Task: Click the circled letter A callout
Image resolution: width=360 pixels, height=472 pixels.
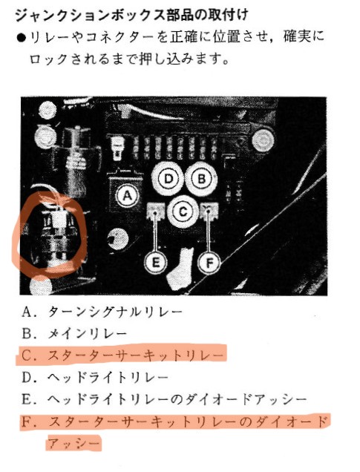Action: click(128, 196)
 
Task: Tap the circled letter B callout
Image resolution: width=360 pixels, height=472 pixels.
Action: click(201, 179)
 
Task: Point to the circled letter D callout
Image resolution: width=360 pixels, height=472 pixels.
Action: click(168, 179)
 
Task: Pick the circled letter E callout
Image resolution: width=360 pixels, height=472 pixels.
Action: click(155, 263)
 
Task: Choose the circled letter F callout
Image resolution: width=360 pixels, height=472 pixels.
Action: click(209, 263)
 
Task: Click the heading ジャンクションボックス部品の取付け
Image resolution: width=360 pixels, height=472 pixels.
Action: click(131, 16)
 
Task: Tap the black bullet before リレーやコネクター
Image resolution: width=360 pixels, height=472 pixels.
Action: click(22, 38)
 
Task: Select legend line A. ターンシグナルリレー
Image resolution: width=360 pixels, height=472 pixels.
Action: click(102, 312)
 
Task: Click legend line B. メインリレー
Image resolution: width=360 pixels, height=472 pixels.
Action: click(74, 334)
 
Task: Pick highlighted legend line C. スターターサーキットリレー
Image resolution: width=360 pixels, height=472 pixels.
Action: click(122, 355)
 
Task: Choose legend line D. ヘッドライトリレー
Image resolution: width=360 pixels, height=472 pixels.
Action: click(95, 378)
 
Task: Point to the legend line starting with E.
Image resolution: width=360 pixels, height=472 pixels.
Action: click(164, 399)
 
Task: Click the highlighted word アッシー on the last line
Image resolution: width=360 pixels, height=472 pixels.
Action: click(73, 443)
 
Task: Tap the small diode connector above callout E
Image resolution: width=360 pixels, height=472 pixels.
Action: click(155, 211)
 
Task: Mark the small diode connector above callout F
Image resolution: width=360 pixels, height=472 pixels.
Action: click(209, 210)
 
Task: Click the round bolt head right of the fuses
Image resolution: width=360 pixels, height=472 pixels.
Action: click(263, 140)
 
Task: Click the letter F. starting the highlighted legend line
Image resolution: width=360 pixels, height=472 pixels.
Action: click(27, 422)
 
